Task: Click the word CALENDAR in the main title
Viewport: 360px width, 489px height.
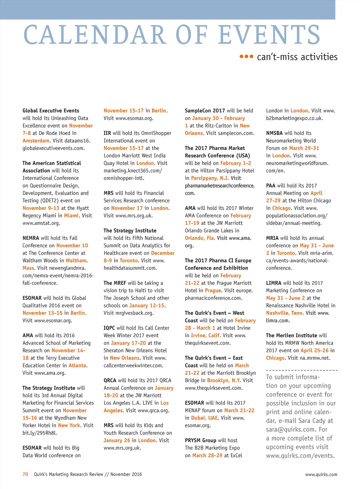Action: point(95,35)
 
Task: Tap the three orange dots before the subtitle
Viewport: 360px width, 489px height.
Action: point(246,57)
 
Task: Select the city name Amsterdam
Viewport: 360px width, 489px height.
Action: point(36,141)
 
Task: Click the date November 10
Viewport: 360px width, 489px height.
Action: point(72,246)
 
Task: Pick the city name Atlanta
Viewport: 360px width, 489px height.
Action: point(77,365)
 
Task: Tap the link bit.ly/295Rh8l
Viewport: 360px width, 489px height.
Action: point(40,433)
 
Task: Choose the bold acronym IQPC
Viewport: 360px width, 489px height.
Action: point(109,328)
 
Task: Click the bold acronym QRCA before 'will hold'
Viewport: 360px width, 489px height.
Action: point(110,380)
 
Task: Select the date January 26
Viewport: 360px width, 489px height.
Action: point(117,441)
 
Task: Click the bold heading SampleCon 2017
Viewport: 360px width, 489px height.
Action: point(205,111)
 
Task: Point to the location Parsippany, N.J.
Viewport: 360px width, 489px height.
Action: point(210,178)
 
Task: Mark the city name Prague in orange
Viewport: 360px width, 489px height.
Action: point(213,291)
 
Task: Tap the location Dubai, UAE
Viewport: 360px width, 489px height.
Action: point(205,418)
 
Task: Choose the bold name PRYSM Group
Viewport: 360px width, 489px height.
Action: point(201,441)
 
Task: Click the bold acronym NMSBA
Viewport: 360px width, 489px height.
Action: point(275,133)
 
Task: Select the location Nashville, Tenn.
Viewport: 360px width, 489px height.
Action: point(285,313)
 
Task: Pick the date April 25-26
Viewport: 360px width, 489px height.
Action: point(314,351)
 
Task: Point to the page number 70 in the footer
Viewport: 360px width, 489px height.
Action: point(25,474)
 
